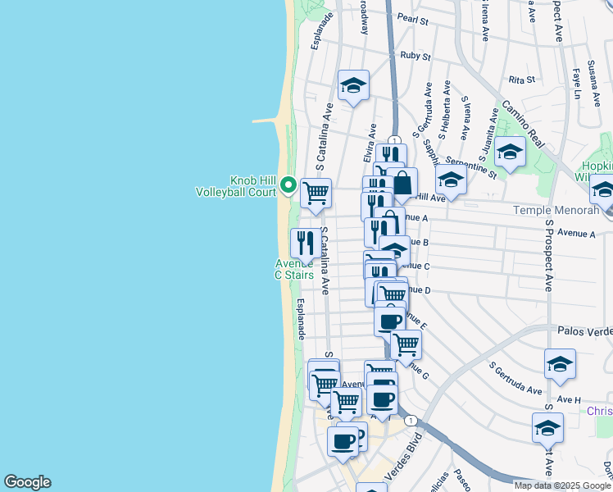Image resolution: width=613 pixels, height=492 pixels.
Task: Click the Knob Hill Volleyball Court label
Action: pos(235,186)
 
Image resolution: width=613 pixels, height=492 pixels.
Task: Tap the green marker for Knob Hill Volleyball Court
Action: pos(288,185)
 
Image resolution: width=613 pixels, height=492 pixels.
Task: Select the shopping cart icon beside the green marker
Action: pos(316,194)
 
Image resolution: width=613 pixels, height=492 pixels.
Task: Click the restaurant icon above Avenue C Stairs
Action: pos(305,243)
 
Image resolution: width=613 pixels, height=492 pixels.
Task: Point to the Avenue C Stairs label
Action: pos(294,270)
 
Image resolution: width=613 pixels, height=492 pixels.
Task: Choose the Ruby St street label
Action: pos(415,56)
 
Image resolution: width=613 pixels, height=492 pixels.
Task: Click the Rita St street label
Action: pos(521,80)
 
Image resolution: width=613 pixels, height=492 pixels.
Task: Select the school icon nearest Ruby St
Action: pos(353,85)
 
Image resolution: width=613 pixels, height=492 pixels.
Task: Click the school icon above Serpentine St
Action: pos(510,152)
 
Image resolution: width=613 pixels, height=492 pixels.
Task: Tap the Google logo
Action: pos(27,482)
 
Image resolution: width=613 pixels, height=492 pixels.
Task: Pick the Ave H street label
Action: pos(568,399)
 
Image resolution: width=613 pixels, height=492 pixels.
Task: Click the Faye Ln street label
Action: pos(576,83)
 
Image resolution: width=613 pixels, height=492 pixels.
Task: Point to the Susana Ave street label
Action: pos(591,75)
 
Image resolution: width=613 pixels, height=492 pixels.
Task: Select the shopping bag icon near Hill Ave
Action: pos(402,184)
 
